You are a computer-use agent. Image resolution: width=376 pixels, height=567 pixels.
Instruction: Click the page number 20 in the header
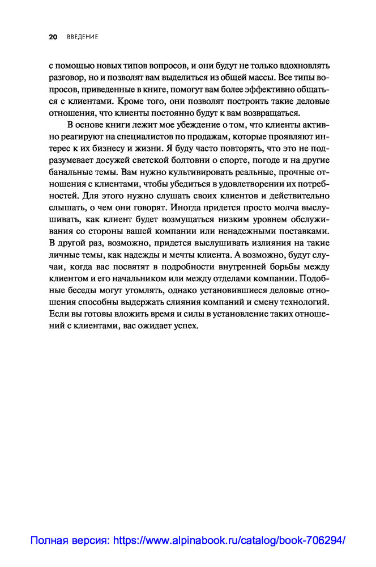[53, 37]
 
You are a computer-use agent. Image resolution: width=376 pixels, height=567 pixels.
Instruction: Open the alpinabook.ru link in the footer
[229, 541]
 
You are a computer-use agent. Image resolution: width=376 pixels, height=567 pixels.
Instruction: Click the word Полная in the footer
[49, 541]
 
